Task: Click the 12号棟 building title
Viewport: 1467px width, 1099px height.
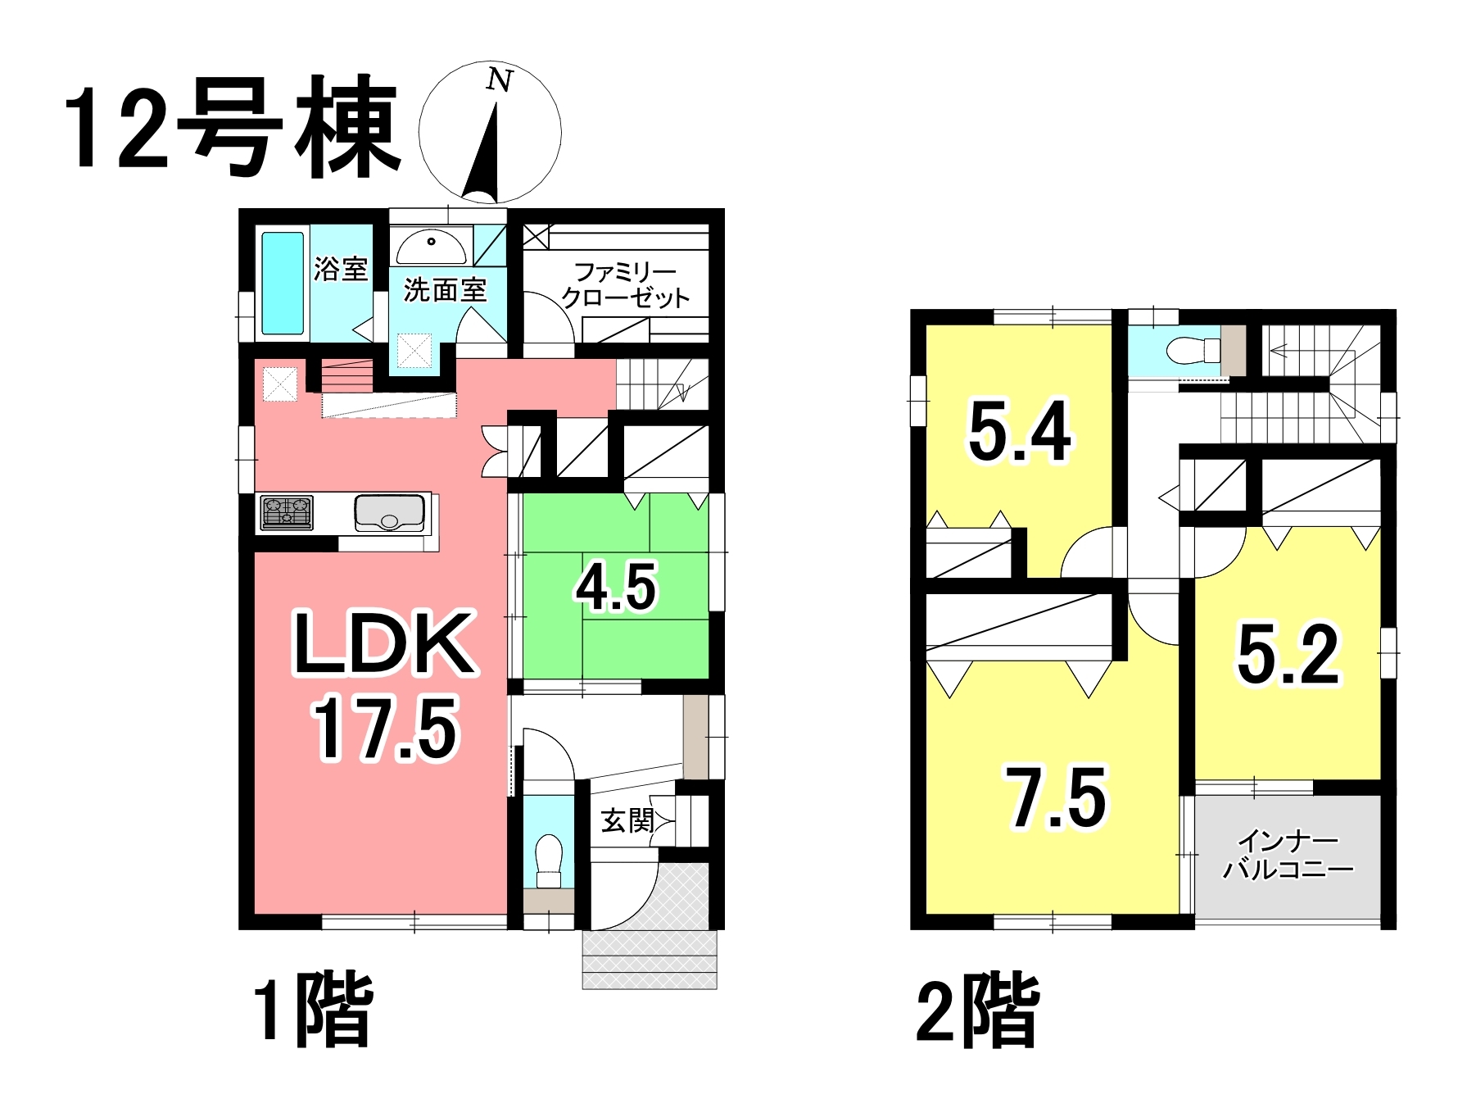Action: [x=231, y=128]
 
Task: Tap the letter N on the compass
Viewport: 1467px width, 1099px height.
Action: [x=499, y=79]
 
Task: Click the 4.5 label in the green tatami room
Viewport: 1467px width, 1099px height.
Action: [x=616, y=587]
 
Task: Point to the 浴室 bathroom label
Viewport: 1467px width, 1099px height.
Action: [x=341, y=269]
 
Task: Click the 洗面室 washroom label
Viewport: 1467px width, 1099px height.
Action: [x=445, y=289]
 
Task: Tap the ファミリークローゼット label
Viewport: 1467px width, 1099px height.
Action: [x=626, y=284]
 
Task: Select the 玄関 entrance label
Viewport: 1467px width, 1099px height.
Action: [x=627, y=820]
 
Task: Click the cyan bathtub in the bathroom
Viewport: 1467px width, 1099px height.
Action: [x=282, y=283]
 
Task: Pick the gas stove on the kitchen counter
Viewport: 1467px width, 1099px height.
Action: [x=287, y=513]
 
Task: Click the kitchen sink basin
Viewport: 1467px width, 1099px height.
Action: [x=390, y=513]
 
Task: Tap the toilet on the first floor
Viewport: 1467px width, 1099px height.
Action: [x=549, y=861]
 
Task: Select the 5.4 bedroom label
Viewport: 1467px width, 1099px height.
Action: [x=1019, y=432]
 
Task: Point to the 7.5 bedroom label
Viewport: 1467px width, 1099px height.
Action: [x=1057, y=797]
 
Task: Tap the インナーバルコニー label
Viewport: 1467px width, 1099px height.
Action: [x=1288, y=854]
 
